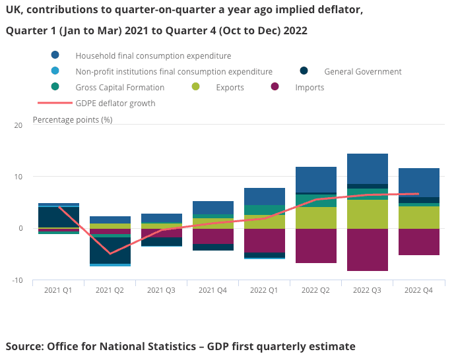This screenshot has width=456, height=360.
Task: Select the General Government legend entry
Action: point(362,71)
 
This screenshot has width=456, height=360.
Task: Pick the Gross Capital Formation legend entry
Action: point(119,87)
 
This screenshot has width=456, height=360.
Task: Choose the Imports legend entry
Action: point(309,87)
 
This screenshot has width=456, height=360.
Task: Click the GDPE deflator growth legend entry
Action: point(115,103)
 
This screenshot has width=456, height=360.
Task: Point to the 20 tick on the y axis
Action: point(18,125)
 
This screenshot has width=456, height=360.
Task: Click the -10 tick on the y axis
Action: point(17,280)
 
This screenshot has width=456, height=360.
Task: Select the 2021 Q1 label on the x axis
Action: point(58,290)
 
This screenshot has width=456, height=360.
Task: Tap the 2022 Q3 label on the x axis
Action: point(367,290)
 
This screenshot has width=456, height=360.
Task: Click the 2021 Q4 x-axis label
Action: point(212,290)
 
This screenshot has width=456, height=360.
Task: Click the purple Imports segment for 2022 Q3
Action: point(367,250)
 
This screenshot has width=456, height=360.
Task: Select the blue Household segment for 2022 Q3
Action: point(367,169)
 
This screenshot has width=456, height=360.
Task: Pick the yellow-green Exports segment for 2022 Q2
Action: point(315,218)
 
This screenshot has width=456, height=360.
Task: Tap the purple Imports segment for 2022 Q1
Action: point(264,241)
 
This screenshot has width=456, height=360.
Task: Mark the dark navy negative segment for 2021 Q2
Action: point(110,251)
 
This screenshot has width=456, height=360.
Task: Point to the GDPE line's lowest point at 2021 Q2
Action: point(110,253)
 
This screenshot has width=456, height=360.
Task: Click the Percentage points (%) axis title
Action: point(73,119)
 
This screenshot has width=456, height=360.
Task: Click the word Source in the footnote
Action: point(24,346)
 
